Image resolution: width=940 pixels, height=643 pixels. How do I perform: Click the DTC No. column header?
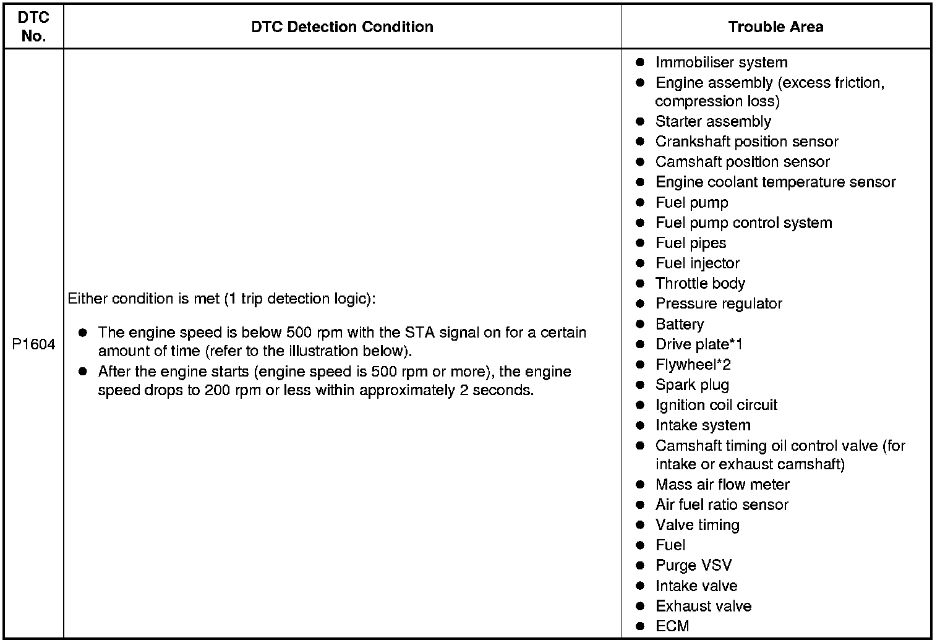point(33,27)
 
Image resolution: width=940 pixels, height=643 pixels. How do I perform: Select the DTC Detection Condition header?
point(342,27)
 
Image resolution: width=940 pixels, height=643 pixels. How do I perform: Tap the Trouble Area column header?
point(775,27)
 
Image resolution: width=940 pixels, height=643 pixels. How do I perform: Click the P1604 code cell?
point(33,344)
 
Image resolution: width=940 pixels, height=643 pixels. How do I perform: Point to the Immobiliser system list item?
point(721,62)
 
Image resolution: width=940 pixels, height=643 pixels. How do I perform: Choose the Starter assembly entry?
point(713,121)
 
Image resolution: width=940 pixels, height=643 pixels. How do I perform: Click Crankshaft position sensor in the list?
point(746,142)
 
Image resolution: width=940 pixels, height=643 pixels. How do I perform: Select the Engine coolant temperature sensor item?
point(775,182)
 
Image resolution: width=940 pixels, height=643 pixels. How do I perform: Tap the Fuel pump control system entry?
point(743,223)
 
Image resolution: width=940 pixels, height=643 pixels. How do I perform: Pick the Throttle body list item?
point(700,284)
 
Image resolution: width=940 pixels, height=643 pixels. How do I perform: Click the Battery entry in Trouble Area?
point(680,324)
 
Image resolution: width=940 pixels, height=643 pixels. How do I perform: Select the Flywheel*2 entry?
point(693,365)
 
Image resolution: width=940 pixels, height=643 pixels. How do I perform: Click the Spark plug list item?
point(692,385)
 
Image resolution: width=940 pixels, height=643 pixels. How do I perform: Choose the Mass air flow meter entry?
point(722,485)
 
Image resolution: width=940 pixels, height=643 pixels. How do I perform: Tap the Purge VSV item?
point(693,566)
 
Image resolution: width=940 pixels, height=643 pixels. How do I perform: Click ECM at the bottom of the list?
point(672,626)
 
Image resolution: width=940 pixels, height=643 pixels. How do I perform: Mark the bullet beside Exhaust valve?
point(640,607)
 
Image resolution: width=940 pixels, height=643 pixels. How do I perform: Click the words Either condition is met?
point(143,299)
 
